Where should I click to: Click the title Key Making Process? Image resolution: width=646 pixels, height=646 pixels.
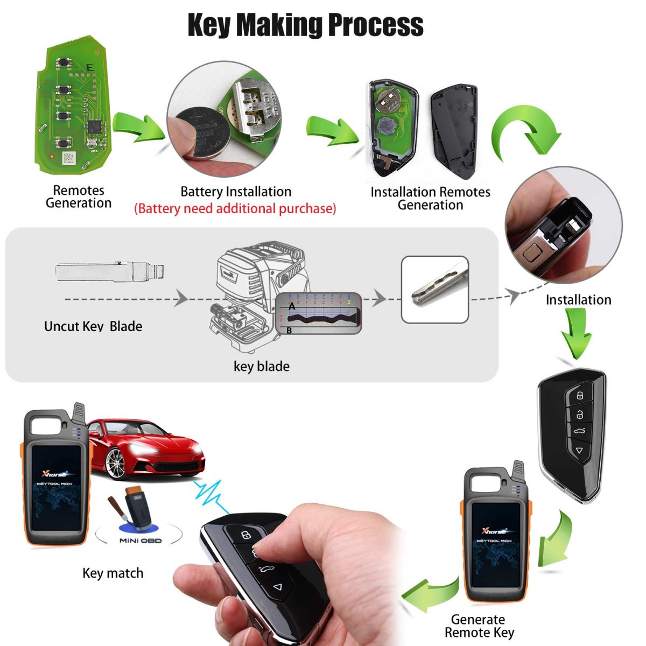305,25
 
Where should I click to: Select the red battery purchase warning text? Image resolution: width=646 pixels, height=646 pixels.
235,208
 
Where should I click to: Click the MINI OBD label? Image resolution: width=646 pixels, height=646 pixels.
141,540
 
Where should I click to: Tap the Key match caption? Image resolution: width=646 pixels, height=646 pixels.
113,573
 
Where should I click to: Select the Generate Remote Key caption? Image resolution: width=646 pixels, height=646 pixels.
479,626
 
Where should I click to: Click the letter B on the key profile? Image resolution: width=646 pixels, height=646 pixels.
289,330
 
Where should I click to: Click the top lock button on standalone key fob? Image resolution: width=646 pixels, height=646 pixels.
580,396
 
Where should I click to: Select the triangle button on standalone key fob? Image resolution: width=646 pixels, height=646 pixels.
579,450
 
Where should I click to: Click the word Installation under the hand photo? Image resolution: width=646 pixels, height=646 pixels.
578,300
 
